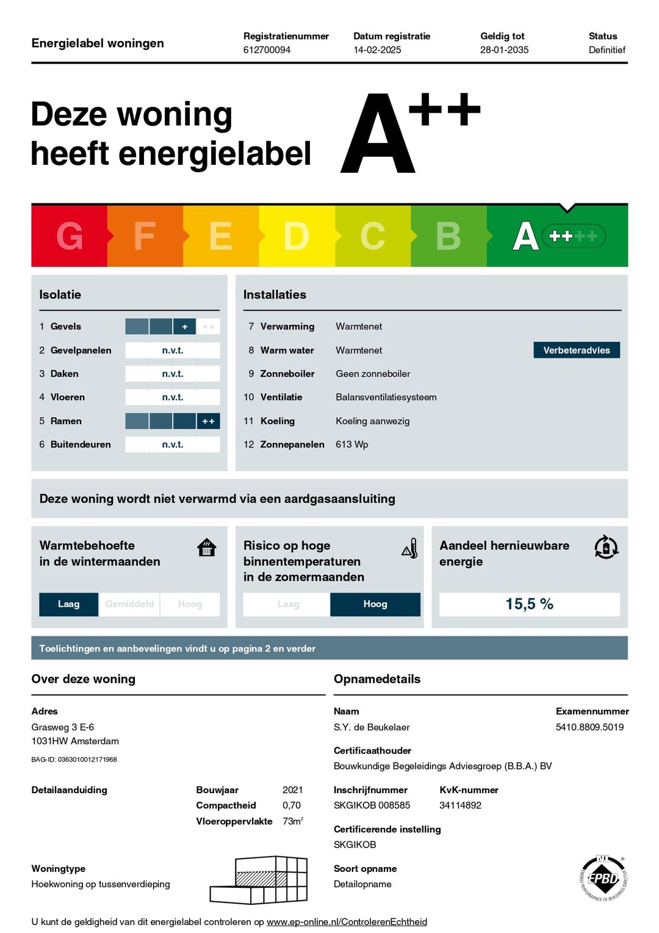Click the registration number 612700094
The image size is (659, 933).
coord(267,50)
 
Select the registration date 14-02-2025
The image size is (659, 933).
coord(377,50)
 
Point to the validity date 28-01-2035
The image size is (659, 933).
coord(504,50)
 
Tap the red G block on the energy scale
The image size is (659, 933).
coord(69,236)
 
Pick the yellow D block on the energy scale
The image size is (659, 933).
coord(297,236)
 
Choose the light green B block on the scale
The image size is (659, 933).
coord(448,236)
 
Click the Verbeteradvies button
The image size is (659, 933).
coord(577,350)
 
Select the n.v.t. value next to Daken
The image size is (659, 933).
coord(173,374)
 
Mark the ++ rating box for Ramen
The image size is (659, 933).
coord(208,421)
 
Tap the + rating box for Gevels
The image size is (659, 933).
coord(184,327)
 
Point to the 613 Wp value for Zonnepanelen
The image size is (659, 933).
coord(352,445)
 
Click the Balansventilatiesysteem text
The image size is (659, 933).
coord(386,398)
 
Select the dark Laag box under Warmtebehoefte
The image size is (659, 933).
coord(68,604)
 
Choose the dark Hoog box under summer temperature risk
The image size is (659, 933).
coord(375,604)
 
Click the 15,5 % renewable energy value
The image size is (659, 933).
coord(529,604)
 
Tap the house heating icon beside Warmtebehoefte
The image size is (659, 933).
coord(207,547)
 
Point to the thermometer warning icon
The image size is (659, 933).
coord(410,548)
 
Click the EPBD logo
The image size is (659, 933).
coord(603,878)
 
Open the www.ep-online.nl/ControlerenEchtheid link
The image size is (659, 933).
coord(347,922)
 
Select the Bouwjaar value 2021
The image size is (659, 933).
coord(293,790)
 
